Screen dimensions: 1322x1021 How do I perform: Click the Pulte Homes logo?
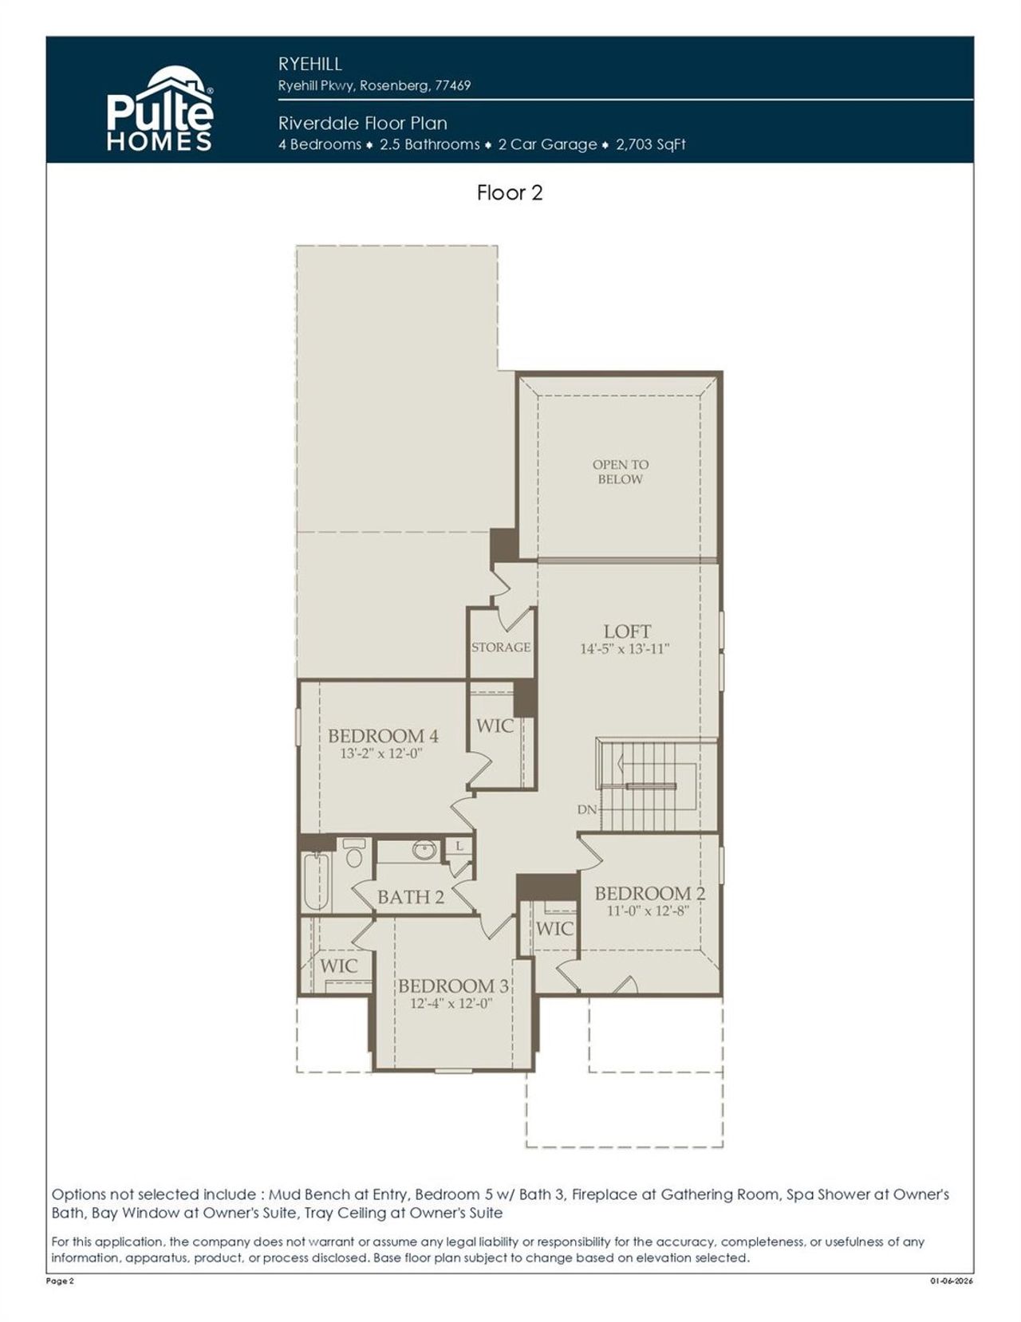click(160, 109)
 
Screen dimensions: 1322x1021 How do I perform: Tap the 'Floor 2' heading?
click(510, 193)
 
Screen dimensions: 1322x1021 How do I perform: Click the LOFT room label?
click(627, 631)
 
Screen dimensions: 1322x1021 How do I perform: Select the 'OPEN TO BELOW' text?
click(620, 471)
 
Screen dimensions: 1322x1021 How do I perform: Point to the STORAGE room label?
click(501, 647)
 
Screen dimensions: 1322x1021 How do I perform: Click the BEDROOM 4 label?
click(383, 735)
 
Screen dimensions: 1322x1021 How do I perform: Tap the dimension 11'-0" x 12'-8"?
click(648, 911)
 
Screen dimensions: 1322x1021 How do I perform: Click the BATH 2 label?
click(410, 897)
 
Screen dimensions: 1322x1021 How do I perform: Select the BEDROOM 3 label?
click(453, 986)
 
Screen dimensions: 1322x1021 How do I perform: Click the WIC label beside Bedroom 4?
click(495, 726)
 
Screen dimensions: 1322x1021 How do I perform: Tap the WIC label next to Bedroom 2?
click(554, 928)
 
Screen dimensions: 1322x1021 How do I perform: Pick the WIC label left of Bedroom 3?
click(339, 966)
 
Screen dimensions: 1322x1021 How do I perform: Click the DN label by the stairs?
click(587, 809)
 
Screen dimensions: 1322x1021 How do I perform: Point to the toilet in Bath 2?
click(355, 855)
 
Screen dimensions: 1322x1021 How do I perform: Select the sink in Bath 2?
click(423, 850)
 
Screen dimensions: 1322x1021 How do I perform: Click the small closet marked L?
click(459, 848)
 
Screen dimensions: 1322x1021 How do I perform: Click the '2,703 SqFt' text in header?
click(651, 144)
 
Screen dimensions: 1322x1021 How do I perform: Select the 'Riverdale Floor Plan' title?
click(362, 123)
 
